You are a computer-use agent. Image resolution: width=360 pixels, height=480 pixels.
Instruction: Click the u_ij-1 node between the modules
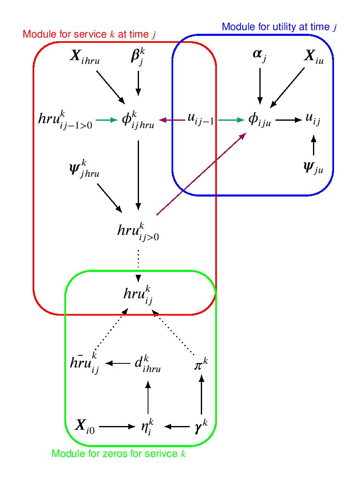(200, 121)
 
